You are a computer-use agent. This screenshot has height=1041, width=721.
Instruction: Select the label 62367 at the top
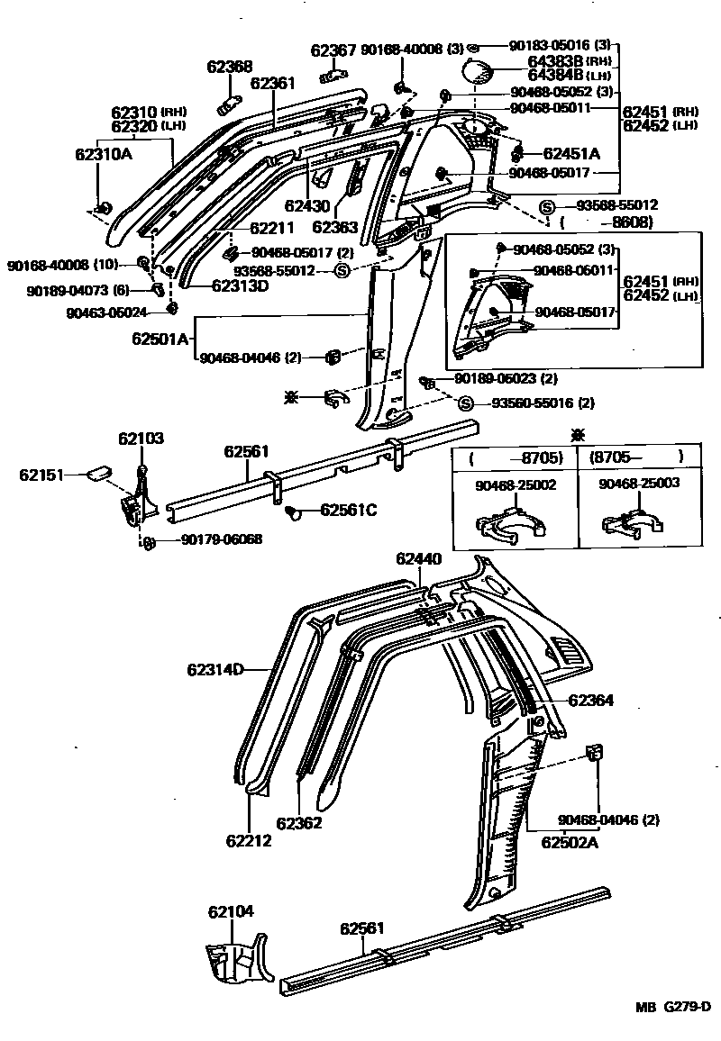pyautogui.click(x=333, y=50)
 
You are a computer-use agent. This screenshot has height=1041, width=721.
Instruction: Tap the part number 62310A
pyautogui.click(x=103, y=154)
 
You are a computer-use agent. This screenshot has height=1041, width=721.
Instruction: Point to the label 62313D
pyautogui.click(x=240, y=286)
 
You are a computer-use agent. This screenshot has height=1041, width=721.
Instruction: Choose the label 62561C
pyautogui.click(x=348, y=511)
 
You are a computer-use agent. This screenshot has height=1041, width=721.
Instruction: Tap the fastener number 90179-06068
pyautogui.click(x=221, y=540)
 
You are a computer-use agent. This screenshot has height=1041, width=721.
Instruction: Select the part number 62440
pyautogui.click(x=418, y=559)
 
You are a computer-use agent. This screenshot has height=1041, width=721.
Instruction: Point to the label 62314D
pyautogui.click(x=215, y=669)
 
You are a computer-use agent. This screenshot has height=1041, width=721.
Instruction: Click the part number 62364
pyautogui.click(x=590, y=700)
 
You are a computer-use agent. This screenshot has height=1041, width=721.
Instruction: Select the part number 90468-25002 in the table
pyautogui.click(x=515, y=484)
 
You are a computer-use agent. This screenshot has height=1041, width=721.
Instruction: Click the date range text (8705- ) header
pyautogui.click(x=635, y=457)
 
